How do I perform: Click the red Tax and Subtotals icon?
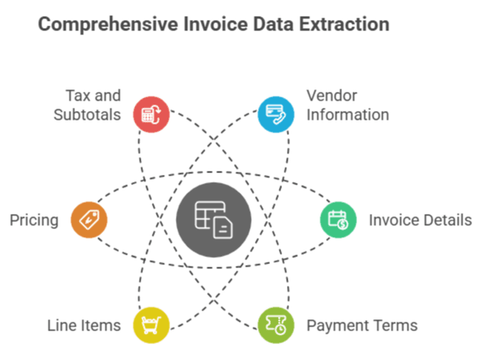coord(152,113)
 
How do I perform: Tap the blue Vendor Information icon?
coord(276,113)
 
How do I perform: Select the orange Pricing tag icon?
coord(89,219)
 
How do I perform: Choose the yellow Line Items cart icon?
coord(152,324)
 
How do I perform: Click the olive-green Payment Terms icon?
coord(276,324)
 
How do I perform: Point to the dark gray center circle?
coord(213,219)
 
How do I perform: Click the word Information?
coord(348,115)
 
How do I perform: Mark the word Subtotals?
coord(87,115)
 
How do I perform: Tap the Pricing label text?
coord(34,220)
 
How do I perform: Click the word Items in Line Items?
coord(102,326)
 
